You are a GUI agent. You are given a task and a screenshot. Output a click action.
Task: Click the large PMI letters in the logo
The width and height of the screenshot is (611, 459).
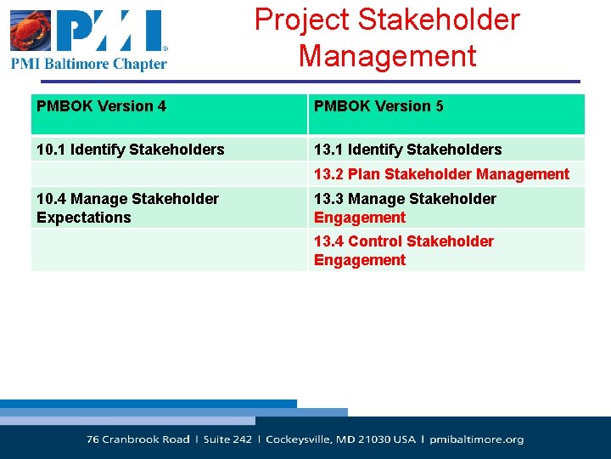tap(110, 31)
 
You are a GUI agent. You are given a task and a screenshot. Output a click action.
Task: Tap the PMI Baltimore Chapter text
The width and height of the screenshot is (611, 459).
tap(89, 64)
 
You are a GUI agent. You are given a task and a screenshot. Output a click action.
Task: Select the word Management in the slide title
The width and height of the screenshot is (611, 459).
tap(387, 56)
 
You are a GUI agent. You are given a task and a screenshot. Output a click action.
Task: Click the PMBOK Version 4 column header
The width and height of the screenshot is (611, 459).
tap(101, 106)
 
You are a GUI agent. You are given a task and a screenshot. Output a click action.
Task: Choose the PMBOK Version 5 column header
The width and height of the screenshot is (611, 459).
tap(378, 106)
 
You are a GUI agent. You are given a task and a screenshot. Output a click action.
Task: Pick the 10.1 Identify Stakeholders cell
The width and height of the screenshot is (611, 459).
tap(130, 150)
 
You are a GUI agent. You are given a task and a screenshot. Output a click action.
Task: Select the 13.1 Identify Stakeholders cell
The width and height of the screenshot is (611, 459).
tap(407, 150)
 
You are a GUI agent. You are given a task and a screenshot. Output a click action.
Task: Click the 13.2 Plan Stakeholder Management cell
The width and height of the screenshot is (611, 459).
tap(441, 174)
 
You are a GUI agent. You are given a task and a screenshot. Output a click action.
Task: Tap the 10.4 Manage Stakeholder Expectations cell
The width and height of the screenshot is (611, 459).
tap(127, 207)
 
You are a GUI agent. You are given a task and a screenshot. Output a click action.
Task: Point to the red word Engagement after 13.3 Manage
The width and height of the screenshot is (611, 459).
tap(360, 218)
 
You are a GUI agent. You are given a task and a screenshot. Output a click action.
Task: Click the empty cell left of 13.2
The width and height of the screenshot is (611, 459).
tap(168, 174)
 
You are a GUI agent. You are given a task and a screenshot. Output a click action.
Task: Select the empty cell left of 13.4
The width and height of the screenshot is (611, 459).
tap(168, 250)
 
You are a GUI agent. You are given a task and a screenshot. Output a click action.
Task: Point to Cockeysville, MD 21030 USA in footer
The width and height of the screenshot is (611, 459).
tap(340, 439)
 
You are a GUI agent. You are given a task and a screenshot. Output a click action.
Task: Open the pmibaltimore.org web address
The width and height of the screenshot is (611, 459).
tap(476, 439)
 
